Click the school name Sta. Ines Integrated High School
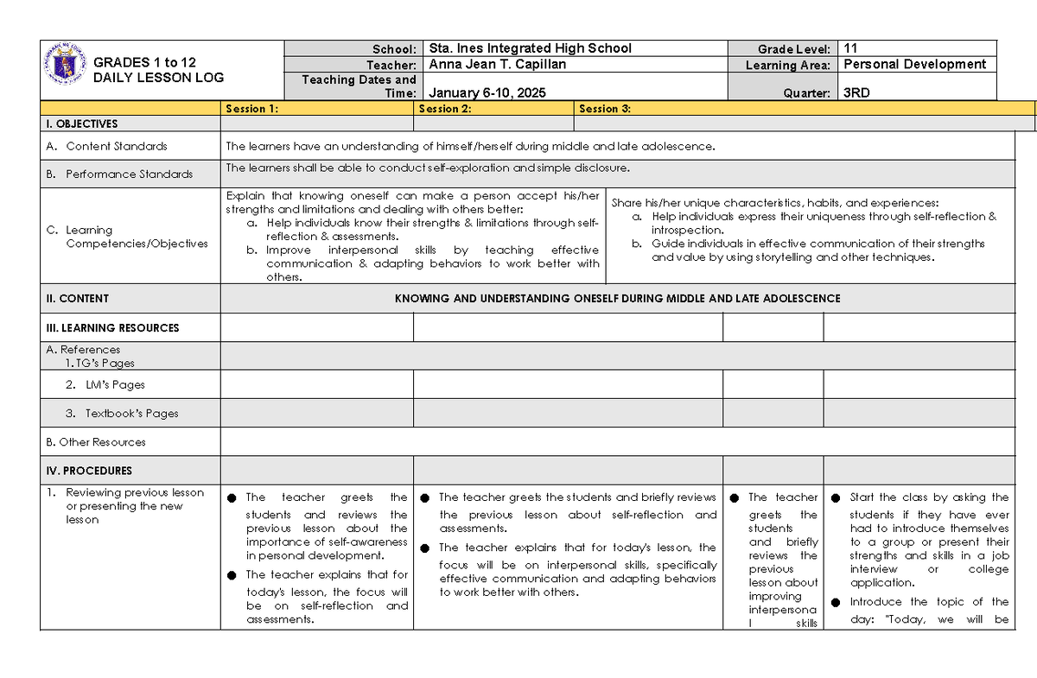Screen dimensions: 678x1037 tap(530, 48)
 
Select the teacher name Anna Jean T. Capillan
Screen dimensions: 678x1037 tap(499, 65)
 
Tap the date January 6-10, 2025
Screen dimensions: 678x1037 tap(487, 93)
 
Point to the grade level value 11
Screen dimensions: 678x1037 tap(850, 48)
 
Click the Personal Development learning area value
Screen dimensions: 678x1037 tap(914, 64)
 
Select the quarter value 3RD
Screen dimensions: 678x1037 tap(856, 93)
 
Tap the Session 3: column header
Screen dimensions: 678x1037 tap(605, 109)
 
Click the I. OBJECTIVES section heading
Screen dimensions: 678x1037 tap(81, 124)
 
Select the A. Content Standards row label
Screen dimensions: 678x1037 tap(107, 146)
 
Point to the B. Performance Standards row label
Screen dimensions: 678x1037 tap(120, 174)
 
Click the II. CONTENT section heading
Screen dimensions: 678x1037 tap(77, 298)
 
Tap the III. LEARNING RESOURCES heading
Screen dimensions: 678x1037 tap(112, 327)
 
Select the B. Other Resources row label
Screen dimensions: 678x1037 tap(95, 441)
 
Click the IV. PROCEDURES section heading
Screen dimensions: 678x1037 tap(89, 471)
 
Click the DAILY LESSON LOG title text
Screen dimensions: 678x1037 tap(158, 77)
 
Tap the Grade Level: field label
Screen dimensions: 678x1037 tap(794, 49)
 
